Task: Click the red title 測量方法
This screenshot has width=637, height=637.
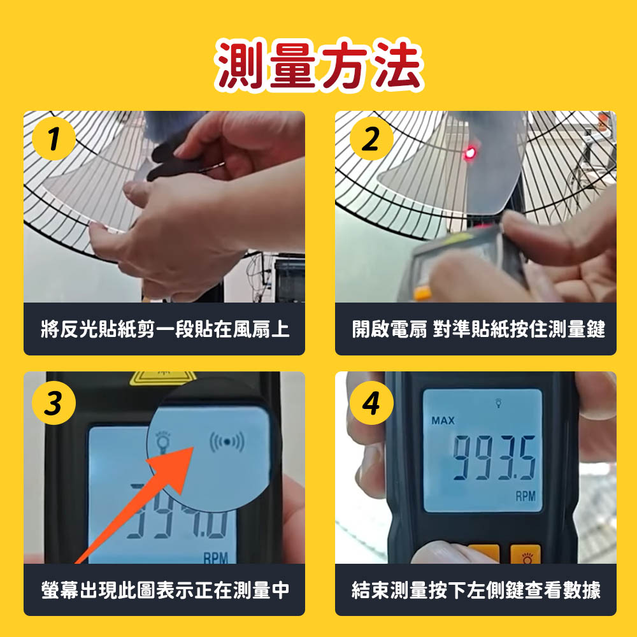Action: (x=320, y=64)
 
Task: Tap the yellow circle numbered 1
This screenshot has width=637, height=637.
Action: (x=54, y=139)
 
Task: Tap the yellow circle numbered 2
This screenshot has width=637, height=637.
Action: (x=371, y=139)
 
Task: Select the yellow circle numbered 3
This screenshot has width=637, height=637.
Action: (x=54, y=403)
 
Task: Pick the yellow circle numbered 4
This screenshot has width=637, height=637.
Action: (x=371, y=403)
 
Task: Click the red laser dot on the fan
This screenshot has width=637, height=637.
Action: (x=470, y=153)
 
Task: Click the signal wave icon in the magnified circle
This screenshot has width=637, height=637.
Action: (x=227, y=441)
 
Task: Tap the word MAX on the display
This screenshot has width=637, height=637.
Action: (x=443, y=420)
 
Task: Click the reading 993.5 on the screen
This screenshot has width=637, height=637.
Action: (x=494, y=457)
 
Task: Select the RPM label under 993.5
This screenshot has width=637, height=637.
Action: (x=526, y=496)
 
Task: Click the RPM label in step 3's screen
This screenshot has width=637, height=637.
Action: (x=215, y=558)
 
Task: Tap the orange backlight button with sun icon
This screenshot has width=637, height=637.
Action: (x=526, y=555)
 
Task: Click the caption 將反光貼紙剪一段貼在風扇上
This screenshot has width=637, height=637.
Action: (x=164, y=329)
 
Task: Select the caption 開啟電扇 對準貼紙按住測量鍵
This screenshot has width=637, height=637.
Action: (x=478, y=329)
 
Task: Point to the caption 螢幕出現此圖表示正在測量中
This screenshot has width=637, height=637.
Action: (x=164, y=590)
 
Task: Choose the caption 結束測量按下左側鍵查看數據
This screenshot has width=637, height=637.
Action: (x=476, y=590)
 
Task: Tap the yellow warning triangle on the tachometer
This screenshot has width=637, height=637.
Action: (x=162, y=378)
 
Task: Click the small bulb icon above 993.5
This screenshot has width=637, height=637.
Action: (x=499, y=403)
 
